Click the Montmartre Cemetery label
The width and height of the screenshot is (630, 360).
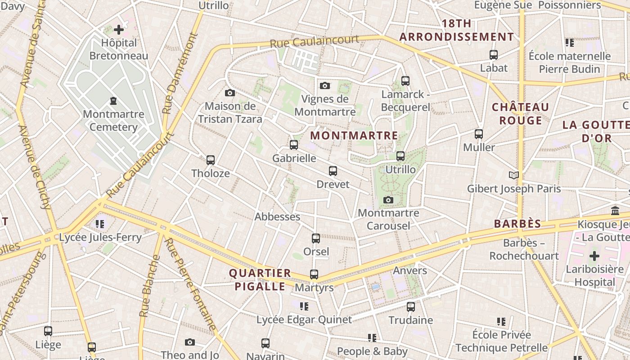tap(113, 120)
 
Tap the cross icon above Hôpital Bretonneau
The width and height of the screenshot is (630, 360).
tap(119, 30)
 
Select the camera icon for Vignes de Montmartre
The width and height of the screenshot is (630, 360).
tap(325, 85)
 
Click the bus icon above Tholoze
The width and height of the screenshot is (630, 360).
tap(210, 160)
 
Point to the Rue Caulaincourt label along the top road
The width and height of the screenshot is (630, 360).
tap(315, 41)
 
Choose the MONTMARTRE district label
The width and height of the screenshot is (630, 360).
tap(354, 135)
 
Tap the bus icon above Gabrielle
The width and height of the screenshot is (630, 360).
tap(294, 145)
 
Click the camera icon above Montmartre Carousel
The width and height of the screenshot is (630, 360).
tap(388, 200)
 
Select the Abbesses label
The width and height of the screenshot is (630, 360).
tap(277, 216)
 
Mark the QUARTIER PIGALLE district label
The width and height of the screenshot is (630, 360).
tap(260, 279)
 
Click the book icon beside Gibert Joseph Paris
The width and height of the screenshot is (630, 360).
tap(514, 175)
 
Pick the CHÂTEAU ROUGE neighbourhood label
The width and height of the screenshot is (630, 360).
tap(520, 113)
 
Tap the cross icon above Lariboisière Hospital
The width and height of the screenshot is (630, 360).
tap(594, 256)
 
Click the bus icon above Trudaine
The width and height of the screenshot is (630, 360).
tap(411, 307)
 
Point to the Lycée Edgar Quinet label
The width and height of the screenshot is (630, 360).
tap(304, 320)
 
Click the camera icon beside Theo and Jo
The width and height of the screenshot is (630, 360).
tap(190, 342)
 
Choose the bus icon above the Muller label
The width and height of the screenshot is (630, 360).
tap(479, 134)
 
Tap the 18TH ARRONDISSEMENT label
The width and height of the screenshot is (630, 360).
tap(456, 30)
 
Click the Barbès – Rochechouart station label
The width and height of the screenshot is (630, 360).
tap(524, 249)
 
